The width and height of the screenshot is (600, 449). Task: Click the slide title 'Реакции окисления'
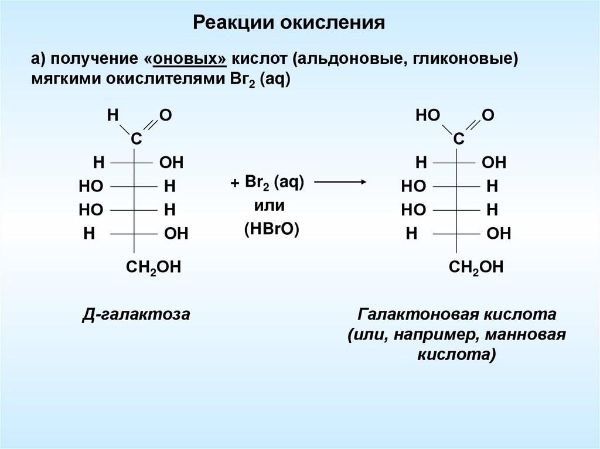pos(289,23)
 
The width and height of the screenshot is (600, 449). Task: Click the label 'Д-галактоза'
pos(135,315)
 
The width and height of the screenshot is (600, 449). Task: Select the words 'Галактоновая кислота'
pos(456,314)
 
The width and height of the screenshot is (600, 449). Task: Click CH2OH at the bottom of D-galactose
pos(154,268)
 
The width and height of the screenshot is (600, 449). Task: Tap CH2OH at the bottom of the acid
pos(476,268)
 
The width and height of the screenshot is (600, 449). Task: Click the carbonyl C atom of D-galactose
pos(135,139)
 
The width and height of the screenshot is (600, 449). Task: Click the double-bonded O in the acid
pos(488,115)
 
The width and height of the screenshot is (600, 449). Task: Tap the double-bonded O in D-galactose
pos(166,115)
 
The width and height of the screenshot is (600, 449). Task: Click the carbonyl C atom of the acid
pos(458,139)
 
